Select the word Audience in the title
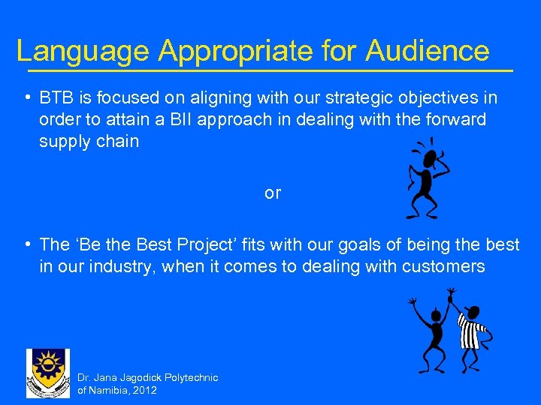[428, 51]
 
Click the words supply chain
[89, 141]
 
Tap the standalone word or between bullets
[272, 193]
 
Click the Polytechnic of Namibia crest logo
[48, 373]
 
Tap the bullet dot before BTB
[27, 98]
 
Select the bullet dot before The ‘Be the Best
[27, 244]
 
